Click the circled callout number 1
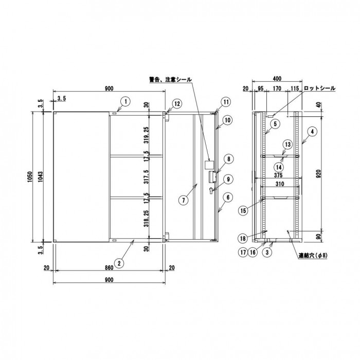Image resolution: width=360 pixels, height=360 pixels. pyautogui.click(x=126, y=102)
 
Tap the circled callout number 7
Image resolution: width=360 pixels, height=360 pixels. pyautogui.click(x=184, y=200)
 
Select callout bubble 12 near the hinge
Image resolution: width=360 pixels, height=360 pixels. pyautogui.click(x=177, y=104)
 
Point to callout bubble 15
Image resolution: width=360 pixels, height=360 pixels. pyautogui.click(x=243, y=210)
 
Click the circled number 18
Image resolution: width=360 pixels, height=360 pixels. pyautogui.click(x=243, y=238)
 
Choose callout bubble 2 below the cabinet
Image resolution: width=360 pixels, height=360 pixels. pyautogui.click(x=119, y=263)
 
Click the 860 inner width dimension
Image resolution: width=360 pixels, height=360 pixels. pyautogui.click(x=109, y=268)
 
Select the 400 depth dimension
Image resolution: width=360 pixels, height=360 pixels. pyautogui.click(x=277, y=79)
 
